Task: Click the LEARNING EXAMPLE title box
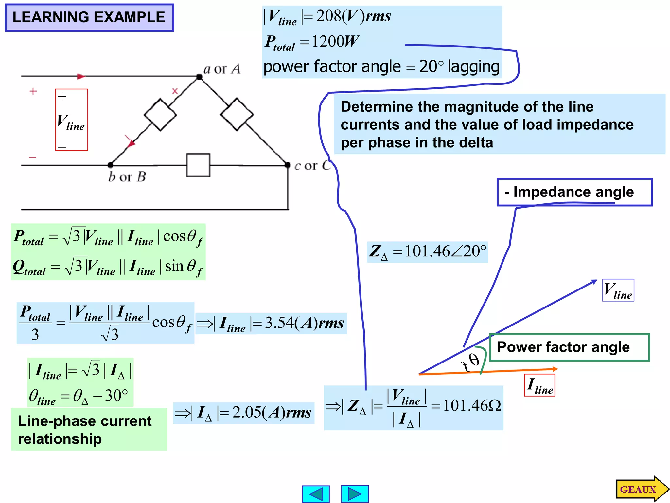[89, 18]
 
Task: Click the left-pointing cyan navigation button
[316, 494]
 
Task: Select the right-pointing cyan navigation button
[355, 494]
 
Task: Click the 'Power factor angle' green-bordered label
[569, 347]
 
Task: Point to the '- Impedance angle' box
[574, 192]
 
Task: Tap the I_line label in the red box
[539, 385]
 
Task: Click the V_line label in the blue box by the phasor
[618, 290]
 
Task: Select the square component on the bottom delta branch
[198, 165]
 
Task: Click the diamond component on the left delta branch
[160, 115]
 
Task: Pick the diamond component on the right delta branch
[237, 114]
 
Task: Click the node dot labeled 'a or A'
[199, 77]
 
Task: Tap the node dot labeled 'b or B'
[111, 165]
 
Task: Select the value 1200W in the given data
[335, 42]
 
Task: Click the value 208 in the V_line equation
[329, 16]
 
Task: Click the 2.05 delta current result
[247, 412]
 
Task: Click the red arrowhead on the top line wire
[81, 76]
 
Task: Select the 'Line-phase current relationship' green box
[89, 429]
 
